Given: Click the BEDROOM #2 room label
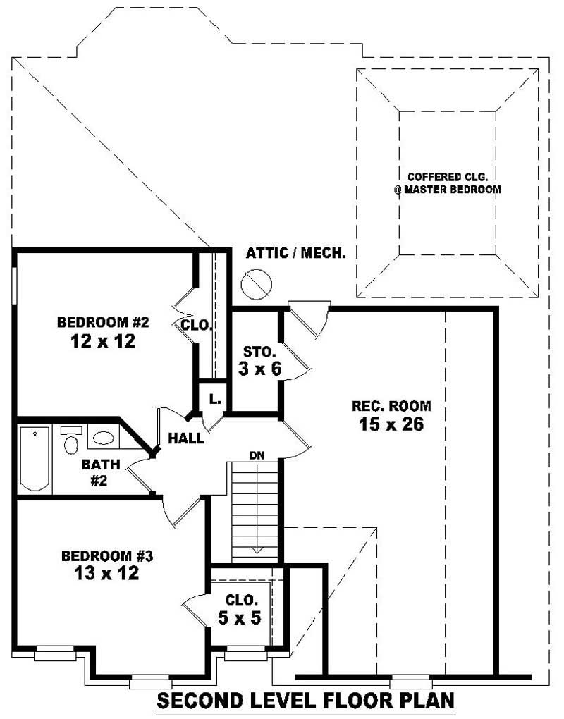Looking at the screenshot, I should [103, 323].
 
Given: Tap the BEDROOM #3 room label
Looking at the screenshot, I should [107, 555].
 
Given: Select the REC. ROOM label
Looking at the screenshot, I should [391, 406].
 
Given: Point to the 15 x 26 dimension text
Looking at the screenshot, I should [391, 424].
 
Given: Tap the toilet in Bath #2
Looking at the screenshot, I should [71, 442].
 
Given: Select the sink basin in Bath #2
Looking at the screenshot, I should [103, 438].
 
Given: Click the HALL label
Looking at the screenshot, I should [186, 438].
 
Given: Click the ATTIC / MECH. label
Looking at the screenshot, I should [295, 253].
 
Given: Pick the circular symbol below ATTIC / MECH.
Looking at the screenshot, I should [256, 284].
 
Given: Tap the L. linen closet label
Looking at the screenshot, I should [215, 399].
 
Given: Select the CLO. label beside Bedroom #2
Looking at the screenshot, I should [197, 325].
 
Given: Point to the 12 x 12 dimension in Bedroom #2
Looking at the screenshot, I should [103, 342].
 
